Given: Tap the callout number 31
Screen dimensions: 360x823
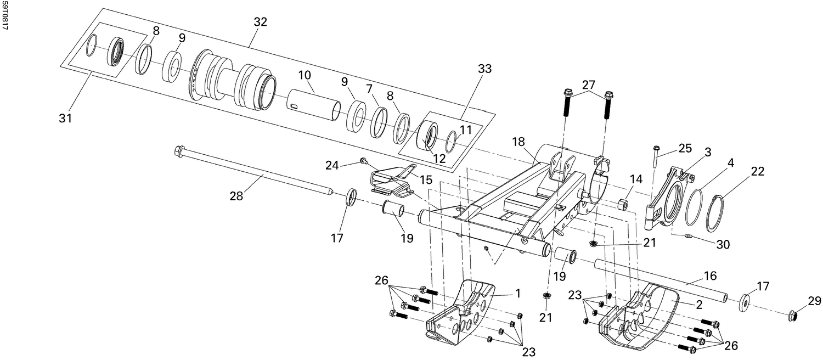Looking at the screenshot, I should click(66, 118).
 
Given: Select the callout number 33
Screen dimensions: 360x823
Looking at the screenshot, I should click(484, 69).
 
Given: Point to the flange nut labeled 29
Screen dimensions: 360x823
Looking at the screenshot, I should click(793, 316).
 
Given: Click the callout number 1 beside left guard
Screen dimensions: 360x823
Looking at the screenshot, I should click(517, 294).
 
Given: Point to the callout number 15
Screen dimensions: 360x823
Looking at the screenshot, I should click(426, 179).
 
